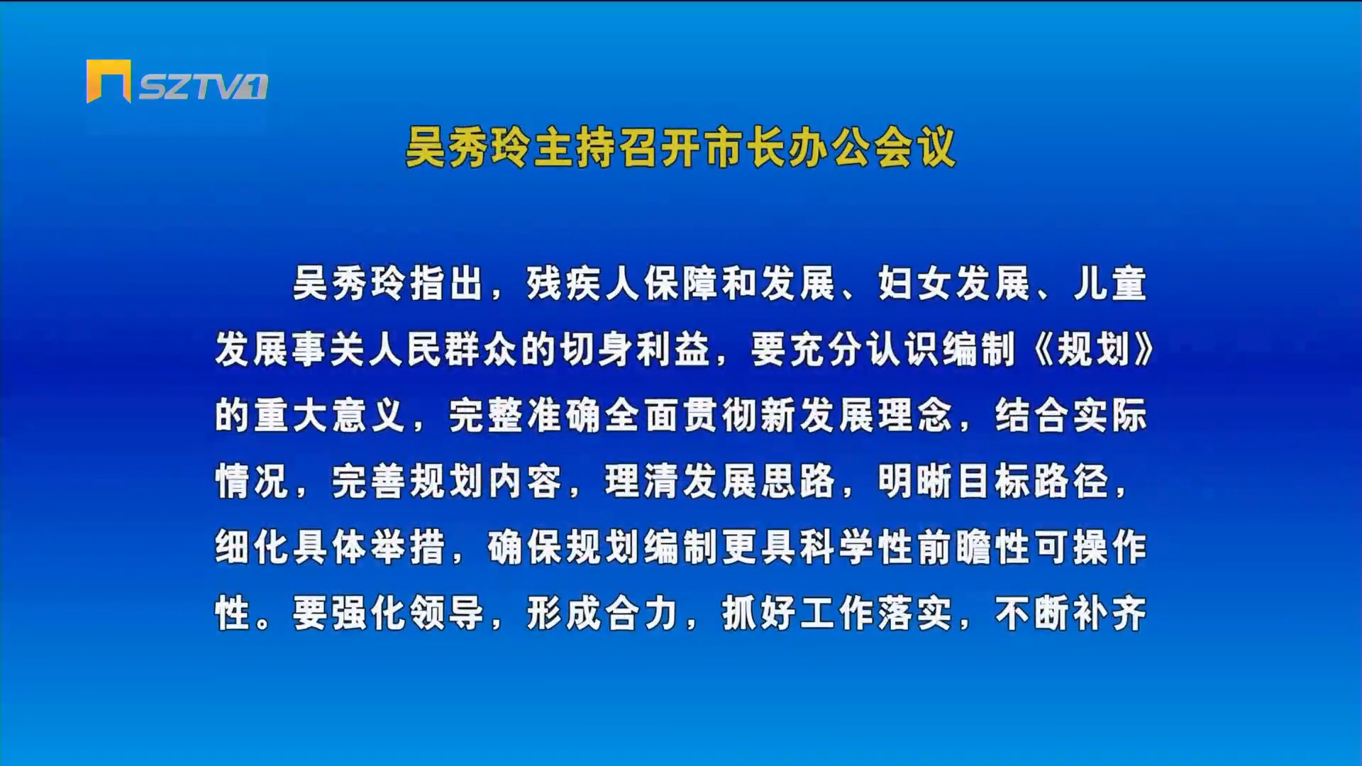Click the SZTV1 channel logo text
pyautogui.click(x=203, y=87)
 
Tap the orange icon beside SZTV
pyautogui.click(x=109, y=81)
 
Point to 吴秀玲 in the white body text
pyautogui.click(x=350, y=284)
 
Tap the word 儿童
pyautogui.click(x=1110, y=284)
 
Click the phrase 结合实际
pyautogui.click(x=1071, y=416)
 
